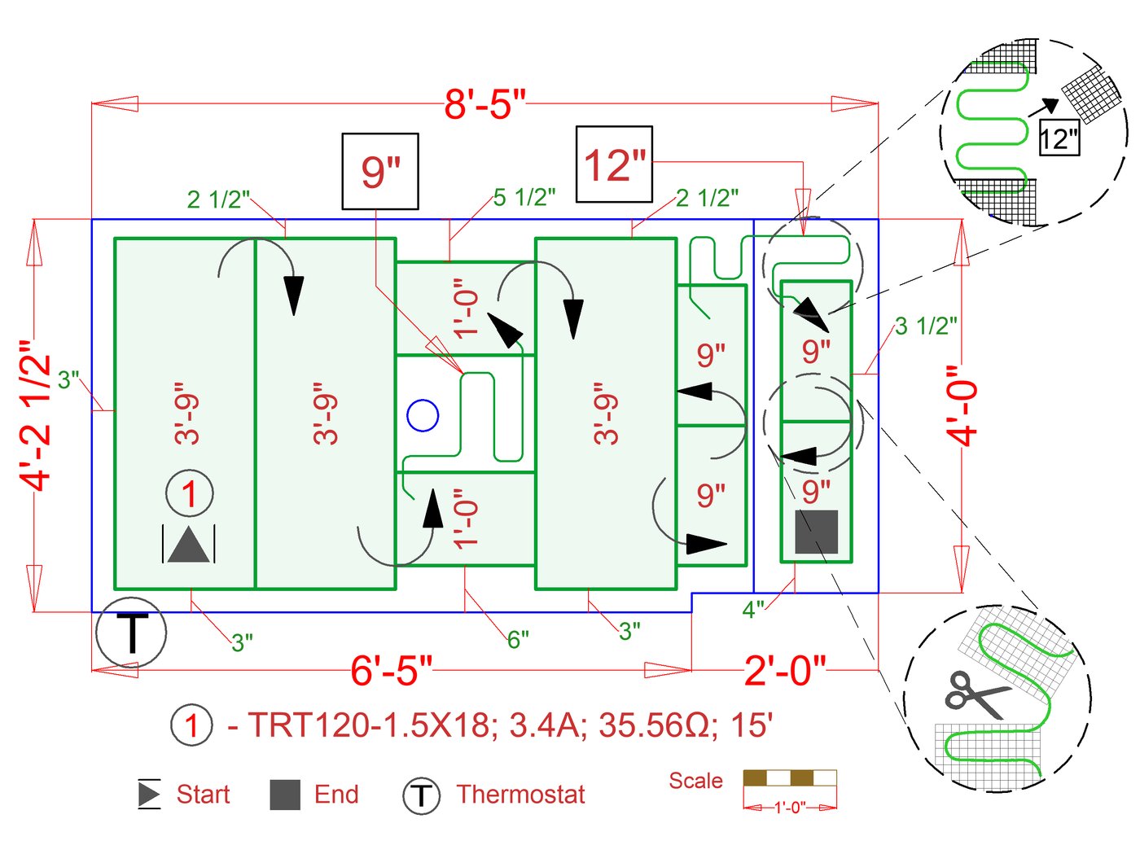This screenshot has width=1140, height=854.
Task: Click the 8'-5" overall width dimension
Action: (484, 104)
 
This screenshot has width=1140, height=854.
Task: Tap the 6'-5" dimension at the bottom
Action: (391, 671)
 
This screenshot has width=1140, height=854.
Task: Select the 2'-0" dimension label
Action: (784, 671)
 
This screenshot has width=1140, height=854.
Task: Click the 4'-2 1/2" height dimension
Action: (37, 415)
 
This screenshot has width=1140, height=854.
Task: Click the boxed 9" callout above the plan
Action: (380, 172)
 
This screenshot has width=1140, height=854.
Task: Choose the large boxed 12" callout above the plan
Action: (614, 164)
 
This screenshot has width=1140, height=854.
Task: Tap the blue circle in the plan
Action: (423, 415)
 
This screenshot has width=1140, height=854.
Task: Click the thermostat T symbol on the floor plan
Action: (131, 633)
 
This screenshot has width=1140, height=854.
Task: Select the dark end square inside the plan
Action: (816, 532)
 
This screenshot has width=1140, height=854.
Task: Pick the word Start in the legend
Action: (203, 794)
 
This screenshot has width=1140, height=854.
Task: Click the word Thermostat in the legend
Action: (520, 794)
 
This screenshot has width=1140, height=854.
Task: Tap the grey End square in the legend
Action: (285, 795)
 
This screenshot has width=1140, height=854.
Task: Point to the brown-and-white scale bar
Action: (789, 778)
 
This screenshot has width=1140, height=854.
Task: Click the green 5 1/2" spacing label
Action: (524, 197)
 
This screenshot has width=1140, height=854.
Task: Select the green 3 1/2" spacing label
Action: (926, 326)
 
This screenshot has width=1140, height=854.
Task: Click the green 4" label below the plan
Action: (753, 609)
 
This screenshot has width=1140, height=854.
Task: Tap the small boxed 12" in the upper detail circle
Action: (1059, 138)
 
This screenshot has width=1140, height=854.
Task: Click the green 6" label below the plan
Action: (518, 640)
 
